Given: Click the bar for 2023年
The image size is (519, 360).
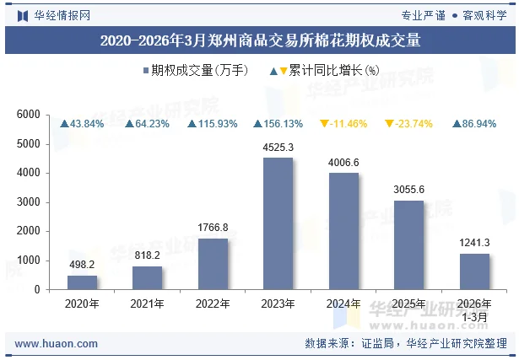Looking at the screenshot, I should [x=278, y=223].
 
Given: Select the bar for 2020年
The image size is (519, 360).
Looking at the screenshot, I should [x=82, y=282].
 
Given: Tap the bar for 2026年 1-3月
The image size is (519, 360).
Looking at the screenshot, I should [x=474, y=271].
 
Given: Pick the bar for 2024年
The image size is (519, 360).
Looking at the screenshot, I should [x=343, y=231].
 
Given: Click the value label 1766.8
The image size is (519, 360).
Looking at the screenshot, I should [x=213, y=227].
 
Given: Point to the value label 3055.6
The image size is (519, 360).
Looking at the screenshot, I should [x=409, y=190].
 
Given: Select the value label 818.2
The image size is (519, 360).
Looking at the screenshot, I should [x=147, y=255].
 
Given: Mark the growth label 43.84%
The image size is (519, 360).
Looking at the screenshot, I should [x=82, y=124].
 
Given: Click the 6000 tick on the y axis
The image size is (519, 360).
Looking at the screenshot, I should [x=29, y=115].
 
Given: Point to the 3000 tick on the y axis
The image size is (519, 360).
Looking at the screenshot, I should [x=29, y=202].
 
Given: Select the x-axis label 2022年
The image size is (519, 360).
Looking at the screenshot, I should [x=213, y=303].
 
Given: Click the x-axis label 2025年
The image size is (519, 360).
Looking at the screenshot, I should [x=409, y=303].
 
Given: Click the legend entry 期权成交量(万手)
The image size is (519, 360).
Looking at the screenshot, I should [x=195, y=71].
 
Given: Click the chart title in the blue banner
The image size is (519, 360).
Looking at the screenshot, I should [x=259, y=39].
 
